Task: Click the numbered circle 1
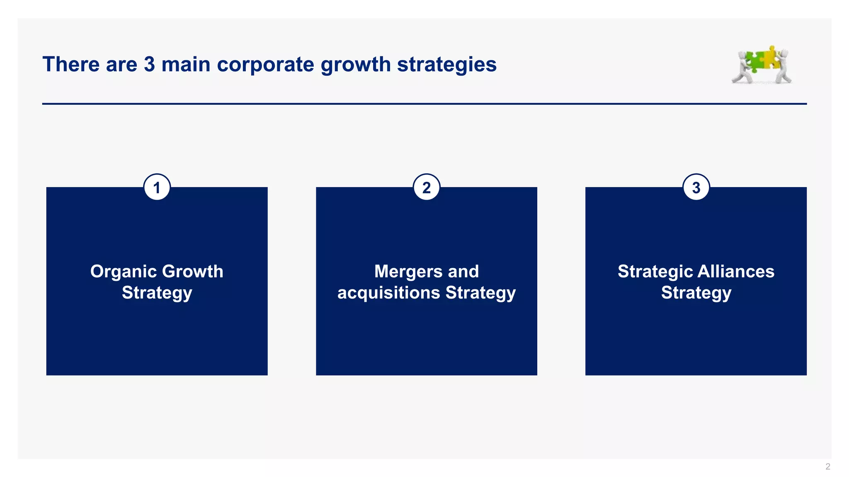[157, 188]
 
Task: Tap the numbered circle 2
[427, 188]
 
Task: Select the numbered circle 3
[696, 188]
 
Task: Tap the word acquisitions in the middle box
[388, 293]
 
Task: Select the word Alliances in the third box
[736, 272]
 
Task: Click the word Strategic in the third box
[655, 272]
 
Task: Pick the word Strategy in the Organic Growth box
[157, 293]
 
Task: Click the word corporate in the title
[266, 65]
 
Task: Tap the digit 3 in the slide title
[149, 65]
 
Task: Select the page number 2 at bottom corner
[828, 467]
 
